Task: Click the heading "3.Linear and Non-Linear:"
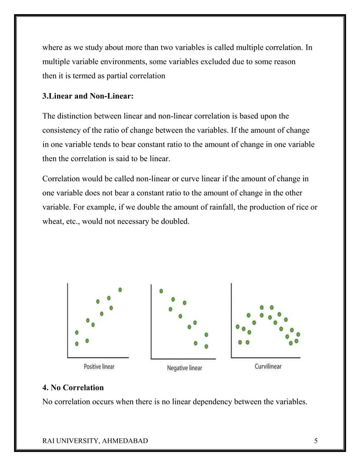tap(88, 96)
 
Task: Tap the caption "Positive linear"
tap(99, 367)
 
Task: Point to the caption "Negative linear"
tap(185, 368)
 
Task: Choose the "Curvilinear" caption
tap(267, 367)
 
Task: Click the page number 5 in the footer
tap(315, 441)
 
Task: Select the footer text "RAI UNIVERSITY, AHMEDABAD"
tap(95, 441)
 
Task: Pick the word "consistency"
tap(65, 130)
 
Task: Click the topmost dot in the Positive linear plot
tap(120, 290)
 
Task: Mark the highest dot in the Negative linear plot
tap(161, 292)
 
